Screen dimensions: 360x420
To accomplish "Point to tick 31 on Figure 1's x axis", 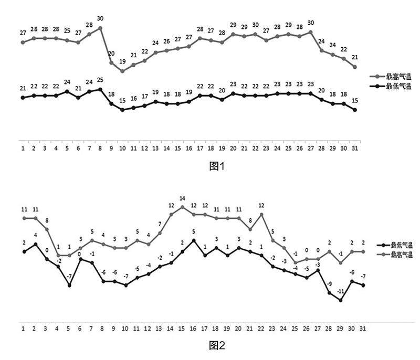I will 355,149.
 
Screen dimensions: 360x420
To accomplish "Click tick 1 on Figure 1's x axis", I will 23,149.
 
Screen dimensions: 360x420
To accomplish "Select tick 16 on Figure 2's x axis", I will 194,329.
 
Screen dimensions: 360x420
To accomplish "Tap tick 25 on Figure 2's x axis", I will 296,329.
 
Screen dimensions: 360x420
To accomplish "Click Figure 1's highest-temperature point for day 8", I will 100,28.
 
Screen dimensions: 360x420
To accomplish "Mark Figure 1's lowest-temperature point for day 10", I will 122,110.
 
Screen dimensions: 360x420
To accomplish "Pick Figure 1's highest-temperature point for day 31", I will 355,67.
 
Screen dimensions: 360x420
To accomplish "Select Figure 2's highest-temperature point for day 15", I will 183,207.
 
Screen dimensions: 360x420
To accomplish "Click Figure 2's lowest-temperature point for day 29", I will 341,300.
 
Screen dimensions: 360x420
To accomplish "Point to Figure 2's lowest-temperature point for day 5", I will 69,285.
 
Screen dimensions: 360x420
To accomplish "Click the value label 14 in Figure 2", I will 183,198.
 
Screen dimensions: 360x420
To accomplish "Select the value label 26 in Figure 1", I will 167,41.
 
